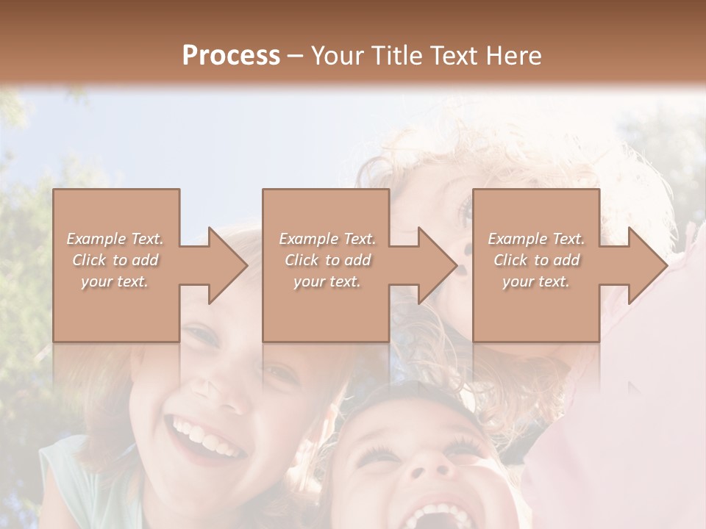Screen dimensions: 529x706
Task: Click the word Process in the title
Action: [x=231, y=56]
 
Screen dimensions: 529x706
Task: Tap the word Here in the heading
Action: [x=515, y=56]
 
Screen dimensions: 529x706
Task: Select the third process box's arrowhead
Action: [x=646, y=265]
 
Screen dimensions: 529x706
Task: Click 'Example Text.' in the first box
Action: [x=115, y=239]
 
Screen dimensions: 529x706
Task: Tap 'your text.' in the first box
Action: [x=115, y=281]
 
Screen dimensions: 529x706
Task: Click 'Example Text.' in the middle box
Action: [x=327, y=239]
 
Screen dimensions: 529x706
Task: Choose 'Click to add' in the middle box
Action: [x=327, y=260]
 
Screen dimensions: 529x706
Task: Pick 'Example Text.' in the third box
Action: [x=536, y=239]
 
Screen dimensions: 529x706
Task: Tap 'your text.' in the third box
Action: [x=536, y=281]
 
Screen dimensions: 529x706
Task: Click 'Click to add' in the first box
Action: [x=115, y=260]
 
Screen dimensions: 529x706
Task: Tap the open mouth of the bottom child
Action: [x=438, y=514]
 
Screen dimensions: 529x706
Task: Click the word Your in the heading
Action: [x=334, y=56]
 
